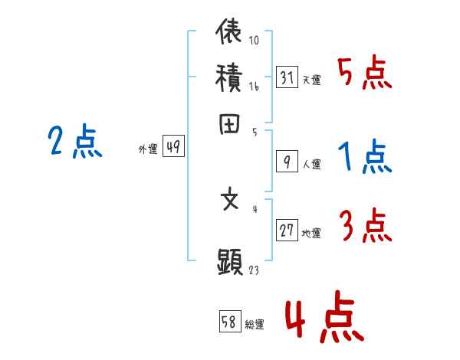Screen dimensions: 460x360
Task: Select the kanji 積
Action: click(x=230, y=78)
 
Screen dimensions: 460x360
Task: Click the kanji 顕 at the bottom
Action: click(x=230, y=263)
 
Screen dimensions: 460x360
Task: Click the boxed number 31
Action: click(x=287, y=77)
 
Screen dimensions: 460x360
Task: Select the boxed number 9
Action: click(x=286, y=161)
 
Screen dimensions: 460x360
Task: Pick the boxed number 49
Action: click(x=173, y=148)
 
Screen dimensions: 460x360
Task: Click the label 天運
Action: click(x=312, y=80)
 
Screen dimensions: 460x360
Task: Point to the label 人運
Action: click(x=312, y=163)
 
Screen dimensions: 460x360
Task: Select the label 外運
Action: click(x=147, y=150)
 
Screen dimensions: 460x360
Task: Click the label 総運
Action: click(x=255, y=325)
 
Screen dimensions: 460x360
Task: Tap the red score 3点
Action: click(x=364, y=227)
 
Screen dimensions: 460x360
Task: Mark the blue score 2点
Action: click(x=75, y=142)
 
